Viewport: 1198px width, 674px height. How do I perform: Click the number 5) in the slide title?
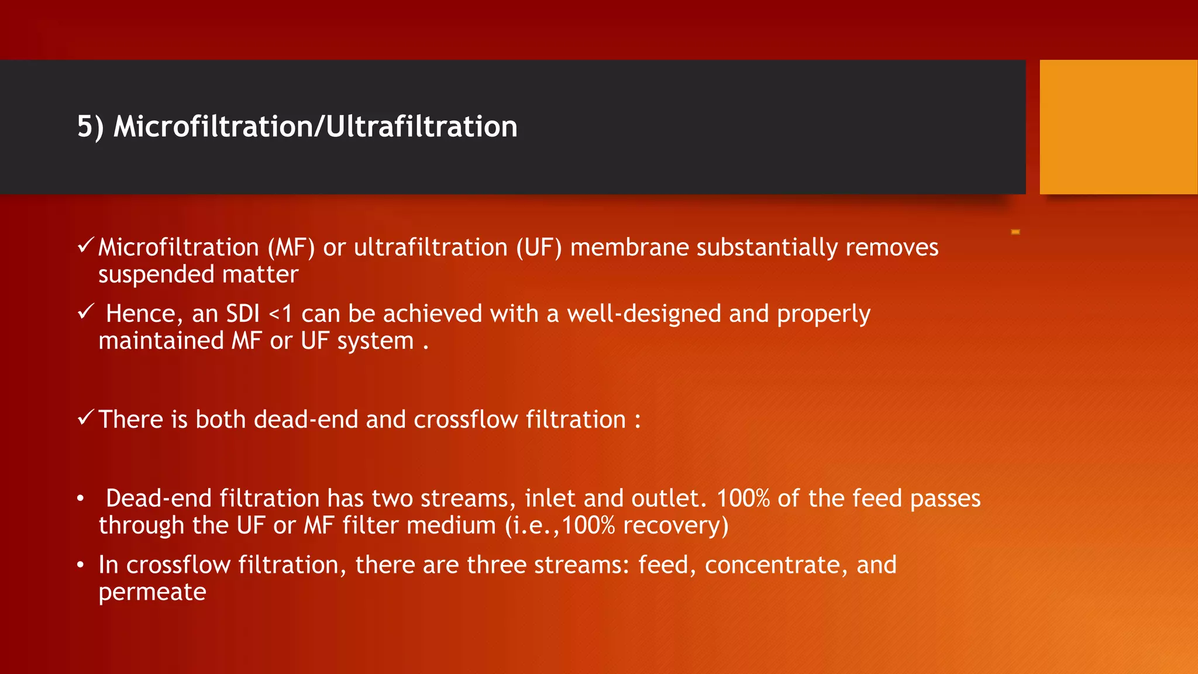click(90, 127)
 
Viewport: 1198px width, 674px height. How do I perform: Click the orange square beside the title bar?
click(1118, 127)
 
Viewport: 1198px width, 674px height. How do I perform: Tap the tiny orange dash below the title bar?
click(1015, 232)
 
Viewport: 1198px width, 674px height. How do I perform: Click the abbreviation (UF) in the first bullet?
click(539, 247)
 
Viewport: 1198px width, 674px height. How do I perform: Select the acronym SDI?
click(243, 314)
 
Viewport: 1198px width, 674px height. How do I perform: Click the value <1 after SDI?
click(280, 315)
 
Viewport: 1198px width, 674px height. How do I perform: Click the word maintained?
click(160, 341)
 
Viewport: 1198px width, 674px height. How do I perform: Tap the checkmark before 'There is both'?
click(85, 418)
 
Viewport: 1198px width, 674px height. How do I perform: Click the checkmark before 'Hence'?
click(85, 312)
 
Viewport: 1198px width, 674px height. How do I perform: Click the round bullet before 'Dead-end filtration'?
click(81, 499)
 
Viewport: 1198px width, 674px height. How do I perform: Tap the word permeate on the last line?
click(152, 593)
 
